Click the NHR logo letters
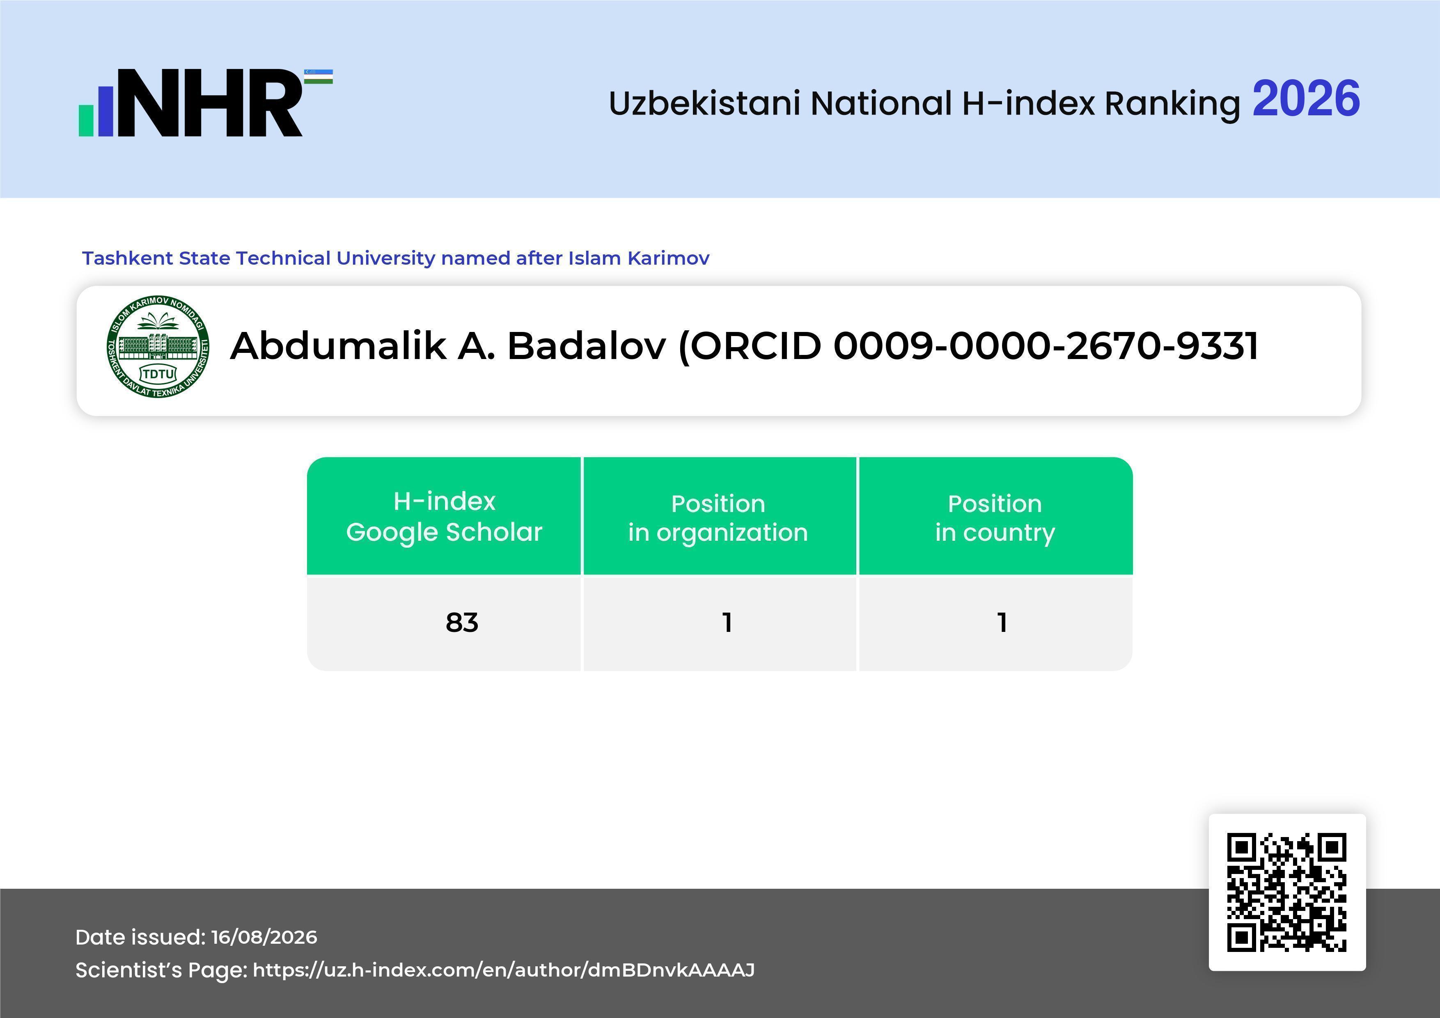(x=210, y=103)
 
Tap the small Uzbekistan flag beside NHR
(x=319, y=76)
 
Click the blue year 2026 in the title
(x=1306, y=99)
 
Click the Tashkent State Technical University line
(x=396, y=258)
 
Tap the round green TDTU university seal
(x=158, y=347)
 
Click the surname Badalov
(x=587, y=346)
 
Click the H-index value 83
(x=462, y=622)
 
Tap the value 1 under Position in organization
(x=727, y=622)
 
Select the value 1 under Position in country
(x=1002, y=622)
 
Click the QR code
(x=1287, y=892)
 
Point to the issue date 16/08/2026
(x=264, y=937)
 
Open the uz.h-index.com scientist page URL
(x=504, y=970)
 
